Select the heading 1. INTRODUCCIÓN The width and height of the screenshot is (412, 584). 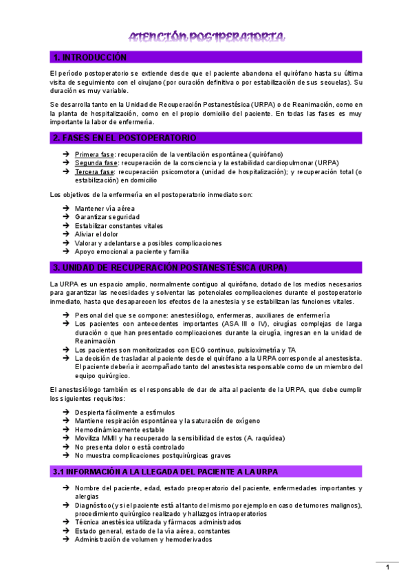pyautogui.click(x=90, y=57)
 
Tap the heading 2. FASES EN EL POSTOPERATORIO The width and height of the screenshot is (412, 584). pyautogui.click(x=124, y=138)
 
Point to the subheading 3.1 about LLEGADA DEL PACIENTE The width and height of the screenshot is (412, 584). pyautogui.click(x=164, y=472)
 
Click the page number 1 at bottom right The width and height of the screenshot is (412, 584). pyautogui.click(x=388, y=567)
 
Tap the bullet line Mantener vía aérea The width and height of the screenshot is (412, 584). pyautogui.click(x=105, y=208)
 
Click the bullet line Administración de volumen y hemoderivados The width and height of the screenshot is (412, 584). pyautogui.click(x=143, y=539)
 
